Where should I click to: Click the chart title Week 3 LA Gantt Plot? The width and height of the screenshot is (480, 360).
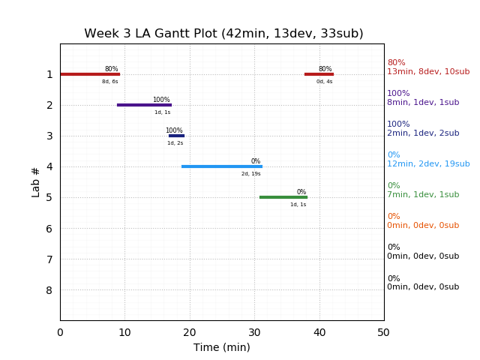click(x=223, y=34)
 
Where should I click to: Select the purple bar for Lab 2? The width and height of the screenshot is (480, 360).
click(x=144, y=105)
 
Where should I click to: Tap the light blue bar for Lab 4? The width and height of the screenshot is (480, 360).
click(x=221, y=166)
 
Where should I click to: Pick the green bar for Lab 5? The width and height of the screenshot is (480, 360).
click(x=283, y=197)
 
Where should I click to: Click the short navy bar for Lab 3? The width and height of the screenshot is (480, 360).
click(x=176, y=136)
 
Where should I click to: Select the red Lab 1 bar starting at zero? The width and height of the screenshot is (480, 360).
click(x=90, y=74)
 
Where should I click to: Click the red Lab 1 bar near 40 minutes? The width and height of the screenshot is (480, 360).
click(x=319, y=74)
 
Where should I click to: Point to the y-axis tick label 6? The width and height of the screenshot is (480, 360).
click(x=49, y=229)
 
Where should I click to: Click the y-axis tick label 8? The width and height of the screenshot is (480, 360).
click(x=49, y=290)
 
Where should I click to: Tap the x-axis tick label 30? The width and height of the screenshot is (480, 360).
click(x=254, y=332)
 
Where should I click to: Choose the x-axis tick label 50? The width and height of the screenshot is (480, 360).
click(x=384, y=332)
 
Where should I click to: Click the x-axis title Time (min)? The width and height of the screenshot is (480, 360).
click(x=222, y=347)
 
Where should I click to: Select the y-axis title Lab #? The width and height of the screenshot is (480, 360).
click(x=36, y=181)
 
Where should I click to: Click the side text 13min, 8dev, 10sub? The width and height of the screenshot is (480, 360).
click(x=428, y=72)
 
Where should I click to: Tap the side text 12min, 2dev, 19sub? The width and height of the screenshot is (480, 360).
click(x=428, y=164)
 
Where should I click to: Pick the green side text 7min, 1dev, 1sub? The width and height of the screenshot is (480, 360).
click(x=423, y=195)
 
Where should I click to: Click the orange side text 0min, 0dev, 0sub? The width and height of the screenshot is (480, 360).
click(x=423, y=226)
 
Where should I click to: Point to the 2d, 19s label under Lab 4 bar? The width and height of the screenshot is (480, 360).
click(x=251, y=174)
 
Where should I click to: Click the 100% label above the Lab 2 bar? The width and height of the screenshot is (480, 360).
click(x=161, y=100)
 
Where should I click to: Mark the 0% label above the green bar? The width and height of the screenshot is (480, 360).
click(x=301, y=192)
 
